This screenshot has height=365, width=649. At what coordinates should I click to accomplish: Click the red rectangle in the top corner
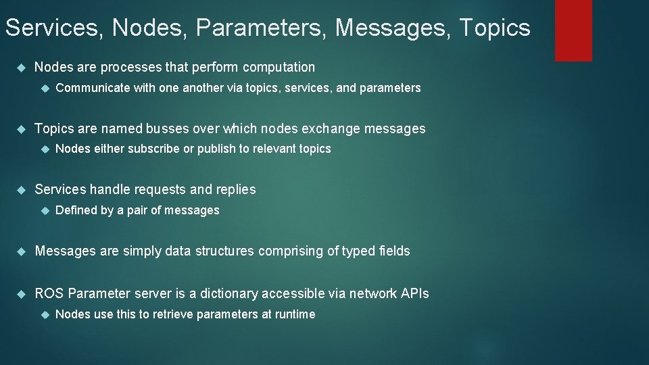pyautogui.click(x=573, y=30)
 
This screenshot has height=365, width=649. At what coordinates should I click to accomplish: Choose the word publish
pyautogui.click(x=214, y=149)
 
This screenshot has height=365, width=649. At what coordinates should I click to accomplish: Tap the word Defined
pyautogui.click(x=76, y=210)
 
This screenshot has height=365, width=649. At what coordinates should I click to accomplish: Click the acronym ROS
pyautogui.click(x=49, y=293)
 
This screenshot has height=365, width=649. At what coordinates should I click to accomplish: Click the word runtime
pyautogui.click(x=294, y=314)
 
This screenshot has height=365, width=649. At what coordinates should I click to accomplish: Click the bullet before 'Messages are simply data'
pyautogui.click(x=20, y=251)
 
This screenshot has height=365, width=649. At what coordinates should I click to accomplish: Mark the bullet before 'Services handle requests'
pyautogui.click(x=20, y=190)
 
